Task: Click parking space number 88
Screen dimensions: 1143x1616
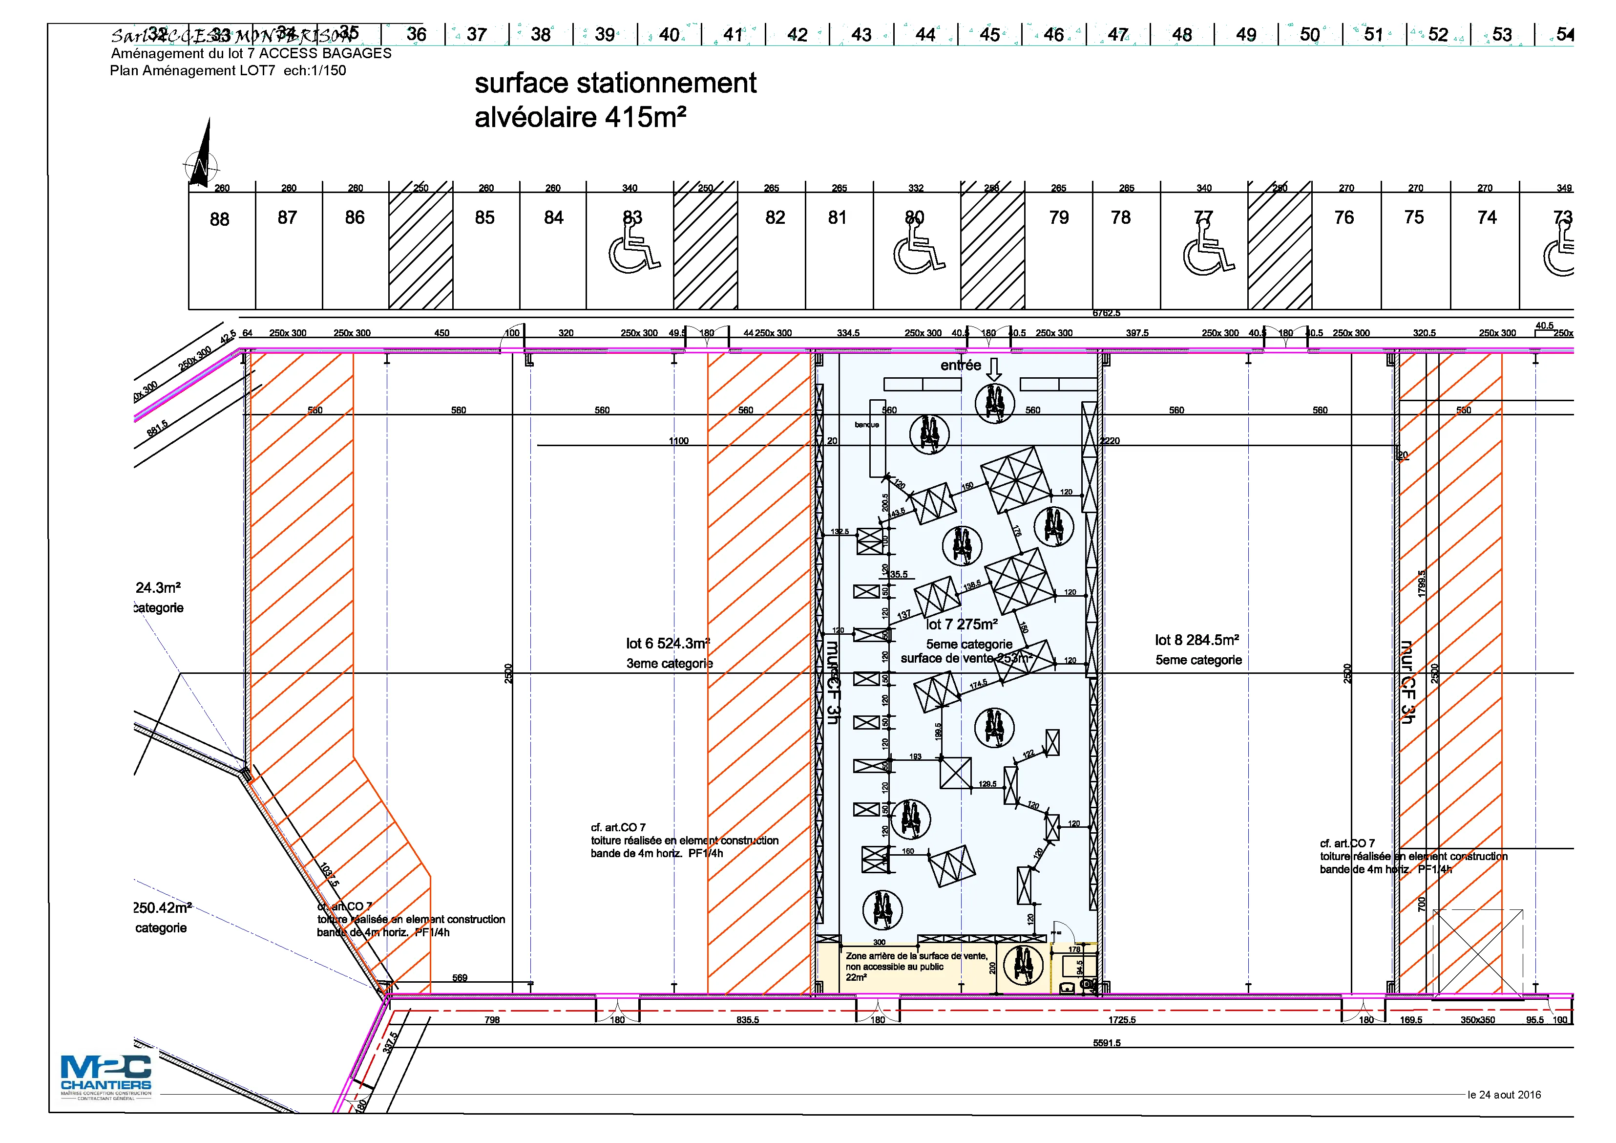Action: [220, 220]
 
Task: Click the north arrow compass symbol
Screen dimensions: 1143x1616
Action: [202, 158]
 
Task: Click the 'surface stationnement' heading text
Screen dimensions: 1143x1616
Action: [615, 83]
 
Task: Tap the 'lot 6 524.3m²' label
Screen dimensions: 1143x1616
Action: [667, 644]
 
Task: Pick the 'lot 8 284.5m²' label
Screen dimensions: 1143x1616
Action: [1196, 640]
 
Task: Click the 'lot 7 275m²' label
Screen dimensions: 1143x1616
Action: [962, 625]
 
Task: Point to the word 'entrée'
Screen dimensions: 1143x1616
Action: [960, 366]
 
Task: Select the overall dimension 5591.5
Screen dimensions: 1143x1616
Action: [1107, 1043]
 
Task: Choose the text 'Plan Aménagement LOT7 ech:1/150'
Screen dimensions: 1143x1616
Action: [228, 70]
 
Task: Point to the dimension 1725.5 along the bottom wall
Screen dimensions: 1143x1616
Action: [1122, 1020]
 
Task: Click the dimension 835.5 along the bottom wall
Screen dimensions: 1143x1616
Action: [748, 1020]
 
